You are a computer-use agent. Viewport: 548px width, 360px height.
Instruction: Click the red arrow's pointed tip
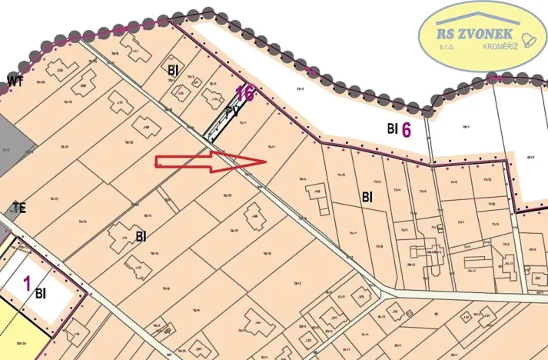pos(265,162)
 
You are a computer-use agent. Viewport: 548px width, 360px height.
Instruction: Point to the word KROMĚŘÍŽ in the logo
pos(500,48)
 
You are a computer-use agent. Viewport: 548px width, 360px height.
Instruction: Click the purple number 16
pos(245,94)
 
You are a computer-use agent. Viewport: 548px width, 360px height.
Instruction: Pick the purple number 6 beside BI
pos(407,129)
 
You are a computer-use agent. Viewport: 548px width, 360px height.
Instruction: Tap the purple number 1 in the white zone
pos(27,283)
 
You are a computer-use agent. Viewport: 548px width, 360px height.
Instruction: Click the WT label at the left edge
pos(14,81)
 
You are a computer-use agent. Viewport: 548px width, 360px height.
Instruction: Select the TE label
pos(18,208)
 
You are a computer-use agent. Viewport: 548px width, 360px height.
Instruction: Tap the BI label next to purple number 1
pos(41,293)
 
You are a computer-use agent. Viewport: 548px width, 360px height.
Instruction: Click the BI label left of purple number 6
pos(391,129)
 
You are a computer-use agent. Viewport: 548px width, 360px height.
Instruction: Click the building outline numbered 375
pos(358,300)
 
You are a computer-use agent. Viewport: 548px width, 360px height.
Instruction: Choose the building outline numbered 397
pos(198,350)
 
